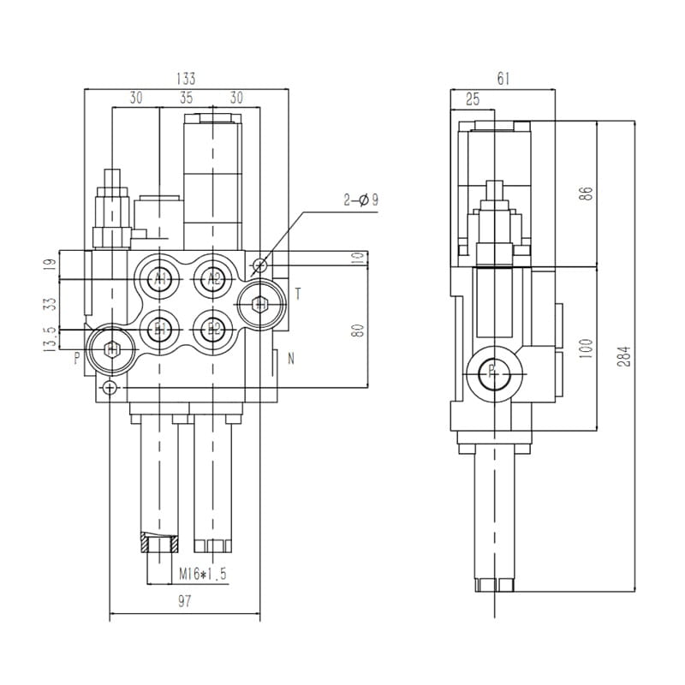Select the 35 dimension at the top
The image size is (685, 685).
[x=187, y=98]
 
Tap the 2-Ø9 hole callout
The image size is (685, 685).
[x=360, y=200]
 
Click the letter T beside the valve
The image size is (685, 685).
[x=298, y=294]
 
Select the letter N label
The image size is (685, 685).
[x=291, y=359]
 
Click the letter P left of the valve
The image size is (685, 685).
[x=76, y=358]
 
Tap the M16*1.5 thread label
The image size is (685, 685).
[x=202, y=574]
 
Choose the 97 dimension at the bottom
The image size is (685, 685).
[x=184, y=601]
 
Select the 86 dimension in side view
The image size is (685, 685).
[x=586, y=194]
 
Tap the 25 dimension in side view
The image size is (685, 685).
[x=473, y=99]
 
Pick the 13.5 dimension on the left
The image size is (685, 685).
[x=51, y=339]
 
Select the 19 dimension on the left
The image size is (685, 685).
[x=49, y=266]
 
